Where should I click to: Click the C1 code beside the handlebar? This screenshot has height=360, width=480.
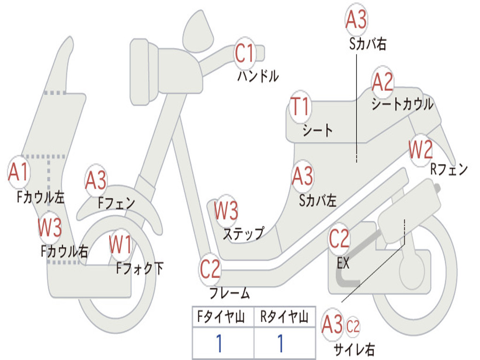coord(244,53)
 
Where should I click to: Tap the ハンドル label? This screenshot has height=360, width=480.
coord(258,76)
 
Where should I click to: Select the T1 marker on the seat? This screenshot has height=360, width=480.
coord(300,107)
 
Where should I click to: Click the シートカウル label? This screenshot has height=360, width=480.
coord(402,104)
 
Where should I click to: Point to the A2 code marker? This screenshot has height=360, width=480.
coord(382,82)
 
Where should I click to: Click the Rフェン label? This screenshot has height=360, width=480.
coord(449,169)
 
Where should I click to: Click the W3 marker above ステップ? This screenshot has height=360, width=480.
coord(226,211)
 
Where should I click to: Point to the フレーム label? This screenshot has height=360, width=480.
coord(229,294)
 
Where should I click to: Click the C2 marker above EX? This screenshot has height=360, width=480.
coord(339,240)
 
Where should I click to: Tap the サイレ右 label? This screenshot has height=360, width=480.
coord(354,349)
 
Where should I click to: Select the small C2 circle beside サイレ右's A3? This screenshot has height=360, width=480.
coord(353,326)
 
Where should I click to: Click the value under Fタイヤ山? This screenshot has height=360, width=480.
coord(219,344)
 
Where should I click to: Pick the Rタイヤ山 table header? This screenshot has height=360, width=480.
coord(284,318)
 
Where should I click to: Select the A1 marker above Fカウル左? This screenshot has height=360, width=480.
coord(19,172)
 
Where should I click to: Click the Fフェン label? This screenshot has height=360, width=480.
coord(116,203)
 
